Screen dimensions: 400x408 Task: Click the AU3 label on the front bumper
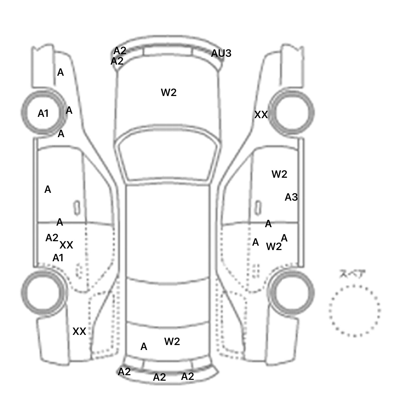coord(221,53)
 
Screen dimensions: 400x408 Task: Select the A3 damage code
coord(291,197)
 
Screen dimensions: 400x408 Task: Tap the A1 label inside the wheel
coord(43,113)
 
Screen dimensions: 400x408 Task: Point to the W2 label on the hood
coord(169,92)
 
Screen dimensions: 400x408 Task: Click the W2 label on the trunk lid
coord(172,341)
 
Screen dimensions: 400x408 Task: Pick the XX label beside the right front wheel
coord(261,114)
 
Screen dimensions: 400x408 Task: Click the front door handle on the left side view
coord(77,208)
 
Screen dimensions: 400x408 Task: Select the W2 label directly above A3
coord(279,174)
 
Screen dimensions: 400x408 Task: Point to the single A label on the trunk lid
coord(144,347)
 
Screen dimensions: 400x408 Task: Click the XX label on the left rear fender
coord(79,331)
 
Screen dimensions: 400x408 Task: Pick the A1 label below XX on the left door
coord(58,258)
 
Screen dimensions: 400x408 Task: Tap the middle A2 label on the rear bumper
coord(159,377)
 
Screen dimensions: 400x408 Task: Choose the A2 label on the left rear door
coord(52,238)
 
